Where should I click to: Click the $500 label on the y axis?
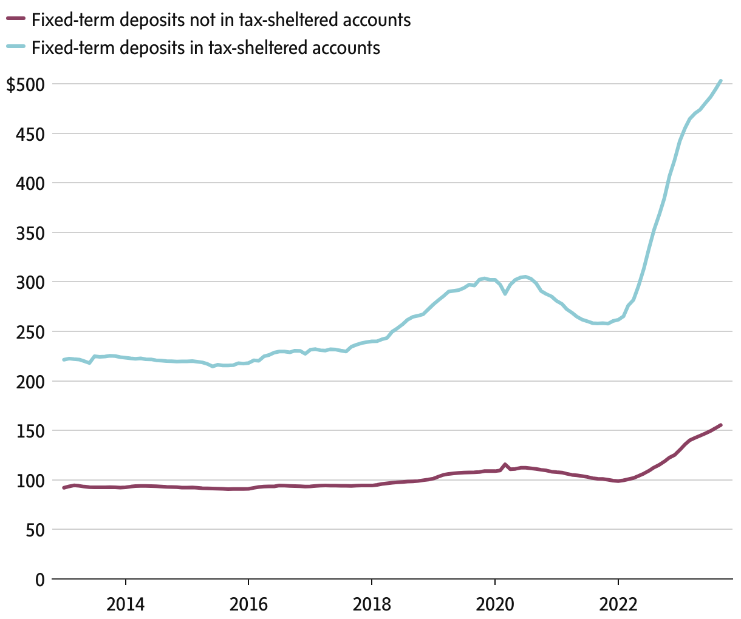pyautogui.click(x=25, y=84)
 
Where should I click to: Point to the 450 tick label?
pyautogui.click(x=31, y=134)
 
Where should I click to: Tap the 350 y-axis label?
pyautogui.click(x=31, y=232)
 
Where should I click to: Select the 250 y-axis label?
pyautogui.click(x=31, y=332)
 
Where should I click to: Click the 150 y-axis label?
pyautogui.click(x=31, y=431)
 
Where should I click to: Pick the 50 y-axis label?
pyautogui.click(x=35, y=530)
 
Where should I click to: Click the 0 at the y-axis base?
pyautogui.click(x=40, y=580)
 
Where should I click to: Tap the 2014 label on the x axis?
pyautogui.click(x=126, y=604)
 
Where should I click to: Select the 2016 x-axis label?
pyautogui.click(x=248, y=604)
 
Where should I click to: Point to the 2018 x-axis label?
pyautogui.click(x=372, y=604)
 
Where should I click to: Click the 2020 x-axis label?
pyautogui.click(x=495, y=604)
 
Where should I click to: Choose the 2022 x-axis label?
pyautogui.click(x=618, y=604)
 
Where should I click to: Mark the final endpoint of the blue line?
pyautogui.click(x=720, y=81)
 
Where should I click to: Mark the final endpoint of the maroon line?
pyautogui.click(x=720, y=425)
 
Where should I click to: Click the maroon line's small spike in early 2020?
pyautogui.click(x=505, y=465)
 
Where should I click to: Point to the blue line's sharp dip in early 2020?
pyautogui.click(x=505, y=294)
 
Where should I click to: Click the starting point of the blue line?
pyautogui.click(x=64, y=360)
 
